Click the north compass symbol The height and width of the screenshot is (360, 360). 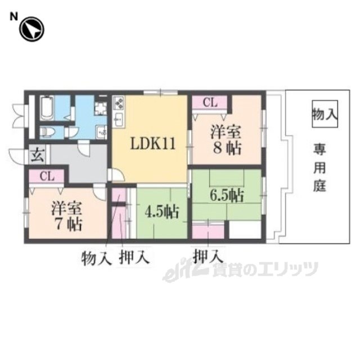(31, 29)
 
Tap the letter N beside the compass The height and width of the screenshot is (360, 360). (13, 17)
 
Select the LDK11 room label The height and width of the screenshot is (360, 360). (153, 144)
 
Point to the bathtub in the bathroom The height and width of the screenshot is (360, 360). (47, 108)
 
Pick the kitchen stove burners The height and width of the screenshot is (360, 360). (119, 102)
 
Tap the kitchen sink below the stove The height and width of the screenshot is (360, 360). (119, 119)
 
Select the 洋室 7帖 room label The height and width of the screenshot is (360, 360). (67, 216)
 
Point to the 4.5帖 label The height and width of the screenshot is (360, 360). (161, 211)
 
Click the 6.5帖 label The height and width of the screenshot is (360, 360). (227, 195)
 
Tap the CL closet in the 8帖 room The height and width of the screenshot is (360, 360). (210, 103)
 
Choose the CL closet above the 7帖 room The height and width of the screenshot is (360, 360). (47, 177)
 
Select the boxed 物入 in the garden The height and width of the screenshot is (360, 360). (325, 114)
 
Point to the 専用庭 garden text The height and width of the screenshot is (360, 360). (320, 168)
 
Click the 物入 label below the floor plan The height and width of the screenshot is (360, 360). (96, 258)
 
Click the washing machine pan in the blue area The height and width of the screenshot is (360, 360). (101, 108)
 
